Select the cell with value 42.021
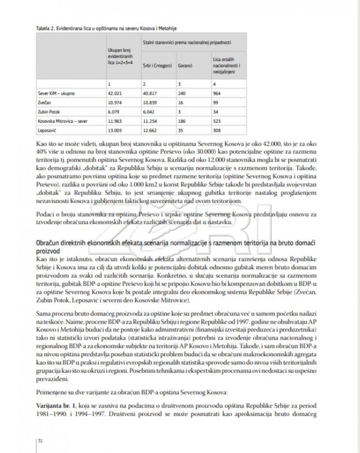coord(114,93)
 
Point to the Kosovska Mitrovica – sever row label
coord(60,121)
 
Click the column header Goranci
coord(184,65)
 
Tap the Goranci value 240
coord(181,93)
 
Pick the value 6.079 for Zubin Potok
coord(114,112)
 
